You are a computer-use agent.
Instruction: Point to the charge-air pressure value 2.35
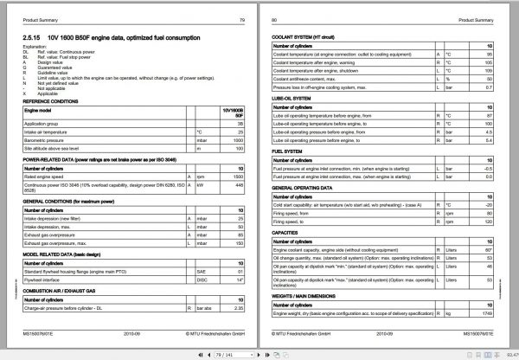pos(240,307)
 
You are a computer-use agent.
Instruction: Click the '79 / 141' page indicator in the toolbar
pos(233,352)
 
